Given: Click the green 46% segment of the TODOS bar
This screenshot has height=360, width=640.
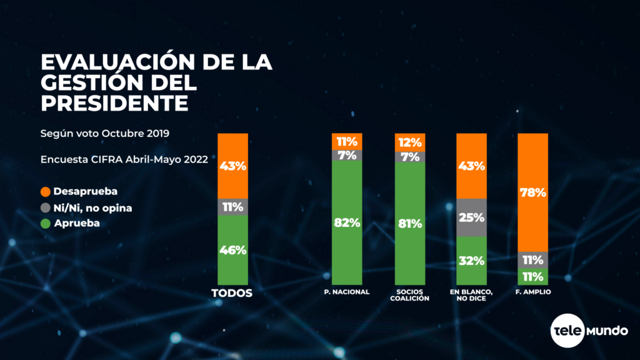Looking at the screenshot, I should (232, 250).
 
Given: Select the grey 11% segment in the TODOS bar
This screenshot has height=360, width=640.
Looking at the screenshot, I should (232, 207).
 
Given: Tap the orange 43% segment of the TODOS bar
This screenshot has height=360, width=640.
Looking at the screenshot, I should (232, 166).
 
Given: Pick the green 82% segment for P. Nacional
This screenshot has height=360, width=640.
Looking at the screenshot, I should (347, 223).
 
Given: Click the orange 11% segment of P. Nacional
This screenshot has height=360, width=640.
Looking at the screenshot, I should (347, 141).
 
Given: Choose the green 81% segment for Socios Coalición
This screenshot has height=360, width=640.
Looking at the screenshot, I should (411, 223).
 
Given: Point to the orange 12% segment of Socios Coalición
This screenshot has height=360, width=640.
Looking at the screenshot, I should (411, 142).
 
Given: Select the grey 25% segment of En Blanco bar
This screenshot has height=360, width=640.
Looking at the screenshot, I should (472, 217).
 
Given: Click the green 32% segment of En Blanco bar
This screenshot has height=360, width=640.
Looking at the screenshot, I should (472, 261).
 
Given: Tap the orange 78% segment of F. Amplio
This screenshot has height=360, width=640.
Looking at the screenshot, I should (533, 192).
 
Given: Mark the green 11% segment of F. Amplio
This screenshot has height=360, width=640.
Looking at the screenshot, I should (533, 276).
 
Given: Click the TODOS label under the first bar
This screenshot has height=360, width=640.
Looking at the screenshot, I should (232, 293).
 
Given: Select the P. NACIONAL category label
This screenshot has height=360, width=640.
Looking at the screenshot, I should (347, 292).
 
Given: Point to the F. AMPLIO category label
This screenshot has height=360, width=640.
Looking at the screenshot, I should (533, 292).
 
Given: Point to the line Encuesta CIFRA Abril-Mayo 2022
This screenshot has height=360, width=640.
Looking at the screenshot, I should (124, 159).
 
